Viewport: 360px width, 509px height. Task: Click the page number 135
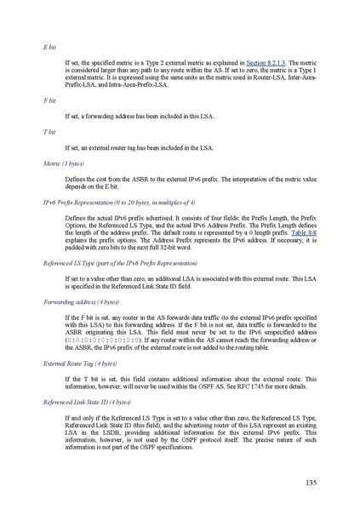pyautogui.click(x=311, y=483)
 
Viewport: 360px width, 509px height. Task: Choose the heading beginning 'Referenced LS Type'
pyautogui.click(x=107, y=264)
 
